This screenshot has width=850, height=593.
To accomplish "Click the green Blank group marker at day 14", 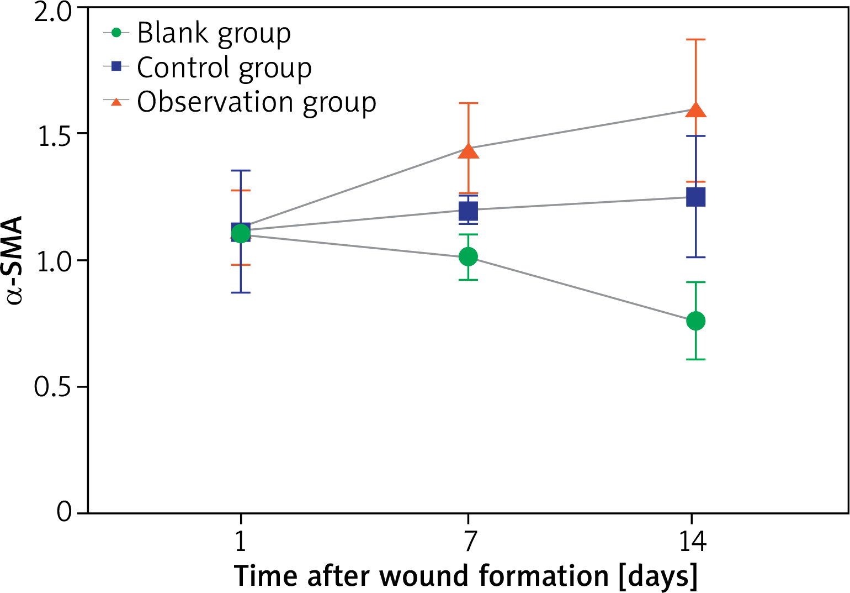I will [x=695, y=321].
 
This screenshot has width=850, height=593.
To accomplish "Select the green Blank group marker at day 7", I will [x=468, y=256].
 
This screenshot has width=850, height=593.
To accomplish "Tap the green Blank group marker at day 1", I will [x=241, y=234].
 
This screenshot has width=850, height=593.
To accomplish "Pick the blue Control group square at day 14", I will [x=695, y=197].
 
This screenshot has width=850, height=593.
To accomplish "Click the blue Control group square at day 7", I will [x=468, y=211].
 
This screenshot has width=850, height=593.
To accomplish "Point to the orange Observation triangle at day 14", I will [x=695, y=109].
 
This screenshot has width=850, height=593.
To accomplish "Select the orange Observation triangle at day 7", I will [x=468, y=150].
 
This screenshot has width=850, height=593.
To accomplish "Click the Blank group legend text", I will [x=214, y=34].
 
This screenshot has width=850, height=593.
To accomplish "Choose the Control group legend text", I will [x=224, y=68].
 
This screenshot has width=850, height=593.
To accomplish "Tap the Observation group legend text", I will [x=257, y=102].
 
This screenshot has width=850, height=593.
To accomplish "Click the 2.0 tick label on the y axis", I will [x=53, y=12].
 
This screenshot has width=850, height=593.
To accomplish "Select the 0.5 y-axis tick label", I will [x=53, y=387].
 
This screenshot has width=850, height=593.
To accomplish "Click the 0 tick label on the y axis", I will [x=64, y=512].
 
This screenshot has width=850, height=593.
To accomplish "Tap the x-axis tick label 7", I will [x=469, y=542].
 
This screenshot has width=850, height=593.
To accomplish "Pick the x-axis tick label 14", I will [x=693, y=542].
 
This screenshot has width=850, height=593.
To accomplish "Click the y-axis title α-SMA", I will [x=15, y=260].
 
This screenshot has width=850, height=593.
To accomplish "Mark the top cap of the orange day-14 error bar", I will [x=695, y=40].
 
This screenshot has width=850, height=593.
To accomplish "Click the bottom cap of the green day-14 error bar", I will [x=695, y=359].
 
